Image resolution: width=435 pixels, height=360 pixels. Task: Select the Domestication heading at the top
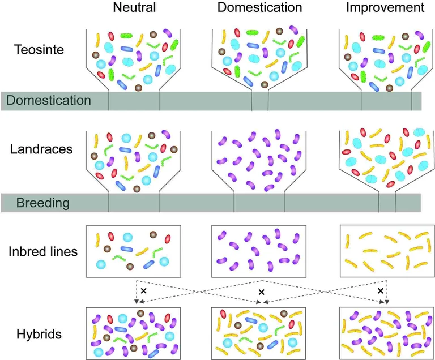(x=259, y=8)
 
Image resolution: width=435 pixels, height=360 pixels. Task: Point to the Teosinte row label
(x=39, y=49)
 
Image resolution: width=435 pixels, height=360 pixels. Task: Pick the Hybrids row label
(x=39, y=333)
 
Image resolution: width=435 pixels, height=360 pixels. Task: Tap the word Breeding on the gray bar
(x=42, y=202)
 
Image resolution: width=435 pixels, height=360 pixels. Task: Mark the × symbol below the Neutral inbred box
(x=143, y=290)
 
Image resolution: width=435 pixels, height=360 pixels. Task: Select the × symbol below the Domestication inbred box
(x=261, y=292)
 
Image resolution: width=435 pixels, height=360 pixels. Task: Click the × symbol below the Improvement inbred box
(x=381, y=290)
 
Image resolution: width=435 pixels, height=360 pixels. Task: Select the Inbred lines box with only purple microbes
(x=259, y=251)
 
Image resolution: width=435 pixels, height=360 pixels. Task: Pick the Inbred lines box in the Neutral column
(x=133, y=251)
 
